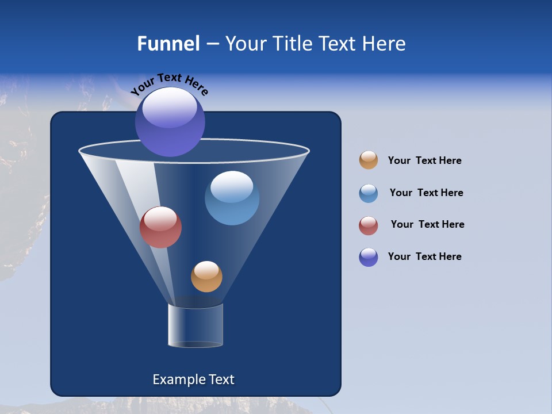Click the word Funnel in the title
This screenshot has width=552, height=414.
tap(168, 44)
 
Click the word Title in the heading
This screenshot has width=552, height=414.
tap(292, 44)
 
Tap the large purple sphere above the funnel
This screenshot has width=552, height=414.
tap(170, 122)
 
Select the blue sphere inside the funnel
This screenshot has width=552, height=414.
tap(232, 198)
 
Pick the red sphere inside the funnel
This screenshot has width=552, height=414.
tap(160, 227)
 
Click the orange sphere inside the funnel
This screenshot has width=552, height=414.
tap(206, 277)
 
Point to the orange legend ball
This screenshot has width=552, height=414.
tap(369, 160)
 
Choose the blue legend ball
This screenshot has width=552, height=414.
tap(369, 193)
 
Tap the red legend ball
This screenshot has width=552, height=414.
tap(369, 225)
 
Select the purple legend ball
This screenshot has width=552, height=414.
tap(369, 257)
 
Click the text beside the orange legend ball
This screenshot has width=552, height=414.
tap(424, 161)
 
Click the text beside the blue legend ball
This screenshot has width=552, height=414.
tap(426, 193)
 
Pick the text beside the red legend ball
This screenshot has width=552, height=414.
tap(427, 225)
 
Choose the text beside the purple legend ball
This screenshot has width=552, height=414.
tap(424, 257)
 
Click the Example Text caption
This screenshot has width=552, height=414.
tap(193, 379)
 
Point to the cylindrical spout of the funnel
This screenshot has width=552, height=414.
tap(195, 325)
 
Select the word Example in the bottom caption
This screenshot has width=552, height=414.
tap(177, 379)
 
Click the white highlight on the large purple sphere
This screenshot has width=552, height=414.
tap(170, 108)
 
